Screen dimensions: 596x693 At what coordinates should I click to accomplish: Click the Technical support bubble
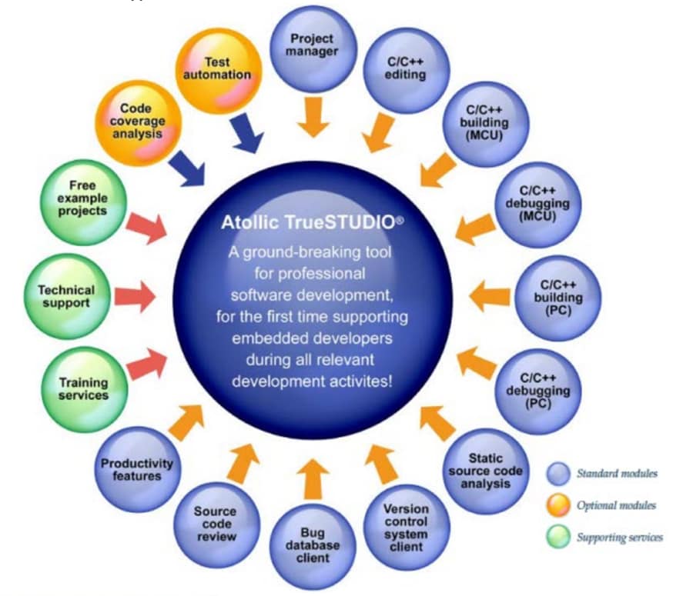(66, 295)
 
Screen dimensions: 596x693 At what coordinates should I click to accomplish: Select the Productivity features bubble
(137, 469)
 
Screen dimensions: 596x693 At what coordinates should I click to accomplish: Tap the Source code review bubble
(215, 523)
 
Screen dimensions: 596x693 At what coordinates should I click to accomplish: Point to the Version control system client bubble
(405, 528)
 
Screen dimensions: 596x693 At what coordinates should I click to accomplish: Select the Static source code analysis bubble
(485, 471)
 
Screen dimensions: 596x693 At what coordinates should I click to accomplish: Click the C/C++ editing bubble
(405, 68)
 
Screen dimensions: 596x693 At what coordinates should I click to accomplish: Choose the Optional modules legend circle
(558, 505)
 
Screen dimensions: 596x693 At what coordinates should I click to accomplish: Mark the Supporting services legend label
(619, 537)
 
